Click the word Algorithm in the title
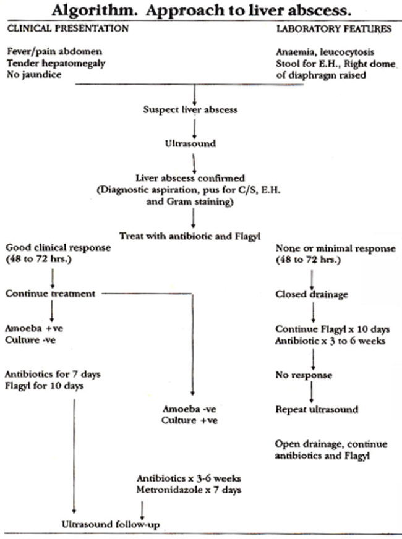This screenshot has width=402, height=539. tap(93, 11)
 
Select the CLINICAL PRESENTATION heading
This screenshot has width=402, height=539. tap(68, 28)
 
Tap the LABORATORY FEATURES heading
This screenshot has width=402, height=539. tap(334, 28)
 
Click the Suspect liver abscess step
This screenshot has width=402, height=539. tap(190, 110)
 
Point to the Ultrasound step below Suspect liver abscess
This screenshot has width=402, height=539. tap(190, 143)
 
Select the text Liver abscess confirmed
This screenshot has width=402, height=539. tap(190, 178)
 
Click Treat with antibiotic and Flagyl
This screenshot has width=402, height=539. tap(190, 236)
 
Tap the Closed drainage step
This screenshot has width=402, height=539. tap(312, 295)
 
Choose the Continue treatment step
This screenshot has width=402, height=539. tap(50, 294)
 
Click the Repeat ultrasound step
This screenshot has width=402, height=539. tap(317, 409)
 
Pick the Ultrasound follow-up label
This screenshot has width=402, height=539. tap(111, 525)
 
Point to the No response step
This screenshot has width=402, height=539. tap(304, 375)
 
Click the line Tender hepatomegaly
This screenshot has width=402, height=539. tap(56, 63)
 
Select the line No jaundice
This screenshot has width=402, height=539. tap(34, 75)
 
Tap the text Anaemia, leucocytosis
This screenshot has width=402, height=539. tap(325, 53)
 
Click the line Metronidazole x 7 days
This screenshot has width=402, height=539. tap(189, 490)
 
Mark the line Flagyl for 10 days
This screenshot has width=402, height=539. tap(45, 386)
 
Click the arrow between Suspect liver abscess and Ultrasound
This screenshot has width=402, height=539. tap(194, 129)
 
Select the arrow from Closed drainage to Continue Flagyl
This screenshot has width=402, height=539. tap(313, 313)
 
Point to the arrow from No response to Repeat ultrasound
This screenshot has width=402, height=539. tap(312, 392)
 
